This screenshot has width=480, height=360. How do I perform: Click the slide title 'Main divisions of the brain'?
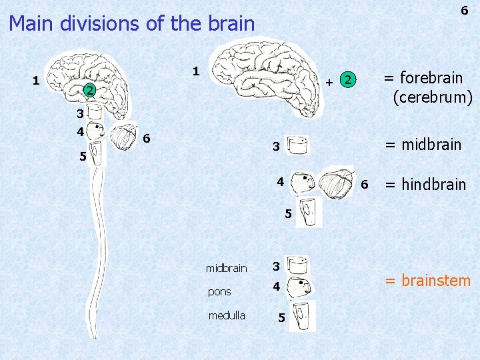pyautogui.click(x=132, y=24)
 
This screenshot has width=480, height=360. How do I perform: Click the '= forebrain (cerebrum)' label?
pyautogui.click(x=427, y=87)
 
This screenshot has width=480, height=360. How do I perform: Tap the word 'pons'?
pyautogui.click(x=219, y=291)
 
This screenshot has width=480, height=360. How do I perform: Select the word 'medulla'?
pyautogui.click(x=227, y=315)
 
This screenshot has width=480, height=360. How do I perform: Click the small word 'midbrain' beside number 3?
pyautogui.click(x=226, y=268)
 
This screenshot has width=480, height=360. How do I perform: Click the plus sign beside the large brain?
pyautogui.click(x=330, y=83)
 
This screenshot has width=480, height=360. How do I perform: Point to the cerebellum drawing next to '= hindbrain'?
pyautogui.click(x=340, y=183)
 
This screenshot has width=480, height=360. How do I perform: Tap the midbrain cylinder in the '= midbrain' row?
pyautogui.click(x=297, y=146)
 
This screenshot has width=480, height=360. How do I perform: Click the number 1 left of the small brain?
pyautogui.click(x=36, y=81)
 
